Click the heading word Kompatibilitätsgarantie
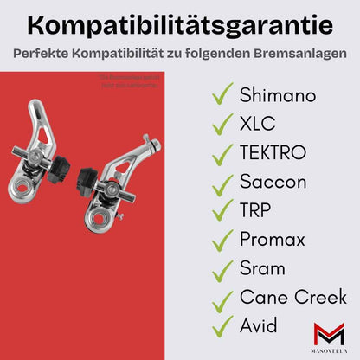click(180, 21)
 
